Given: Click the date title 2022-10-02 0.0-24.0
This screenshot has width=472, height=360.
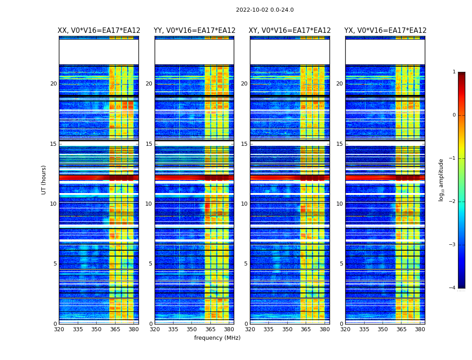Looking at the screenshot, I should tap(265, 10).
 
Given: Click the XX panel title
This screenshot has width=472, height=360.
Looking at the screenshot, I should tap(99, 31).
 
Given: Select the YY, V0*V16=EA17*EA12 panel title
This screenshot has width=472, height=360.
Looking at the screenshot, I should tap(194, 31).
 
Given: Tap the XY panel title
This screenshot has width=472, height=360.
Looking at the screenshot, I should tap(290, 31).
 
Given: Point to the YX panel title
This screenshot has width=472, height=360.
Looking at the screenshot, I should tap(385, 31).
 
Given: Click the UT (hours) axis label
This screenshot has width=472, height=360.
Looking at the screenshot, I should tap(44, 180).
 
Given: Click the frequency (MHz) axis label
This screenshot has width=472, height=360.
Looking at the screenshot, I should tap(217, 338).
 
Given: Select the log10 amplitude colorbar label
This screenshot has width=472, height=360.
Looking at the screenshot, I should tap(441, 180).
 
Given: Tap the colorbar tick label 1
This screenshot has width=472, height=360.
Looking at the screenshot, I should tap(454, 72).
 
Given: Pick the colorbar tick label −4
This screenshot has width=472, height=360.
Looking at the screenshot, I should tap(453, 288).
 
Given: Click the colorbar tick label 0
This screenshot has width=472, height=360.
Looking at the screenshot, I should tap(454, 115).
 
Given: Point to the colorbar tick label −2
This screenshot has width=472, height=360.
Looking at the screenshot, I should tap(453, 202).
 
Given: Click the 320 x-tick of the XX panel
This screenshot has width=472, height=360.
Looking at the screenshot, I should tap(59, 329).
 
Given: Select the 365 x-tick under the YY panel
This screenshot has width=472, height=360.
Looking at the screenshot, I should tap(211, 329).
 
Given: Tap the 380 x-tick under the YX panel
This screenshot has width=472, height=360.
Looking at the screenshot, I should tap(420, 329).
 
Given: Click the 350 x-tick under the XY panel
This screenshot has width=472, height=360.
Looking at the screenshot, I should tap(287, 329).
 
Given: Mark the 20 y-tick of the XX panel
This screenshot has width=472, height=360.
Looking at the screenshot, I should tap(53, 84).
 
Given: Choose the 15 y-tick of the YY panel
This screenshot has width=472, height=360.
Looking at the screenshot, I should tap(149, 144).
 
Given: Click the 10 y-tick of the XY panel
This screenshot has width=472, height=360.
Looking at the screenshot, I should tap(244, 204).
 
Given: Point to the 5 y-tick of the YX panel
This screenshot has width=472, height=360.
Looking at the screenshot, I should tap(341, 264).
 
